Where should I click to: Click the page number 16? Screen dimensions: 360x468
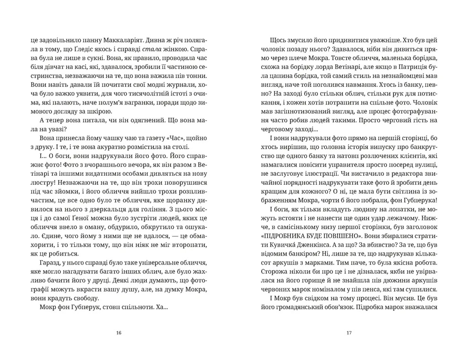click(119, 333)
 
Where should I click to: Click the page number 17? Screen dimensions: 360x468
click(349, 333)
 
